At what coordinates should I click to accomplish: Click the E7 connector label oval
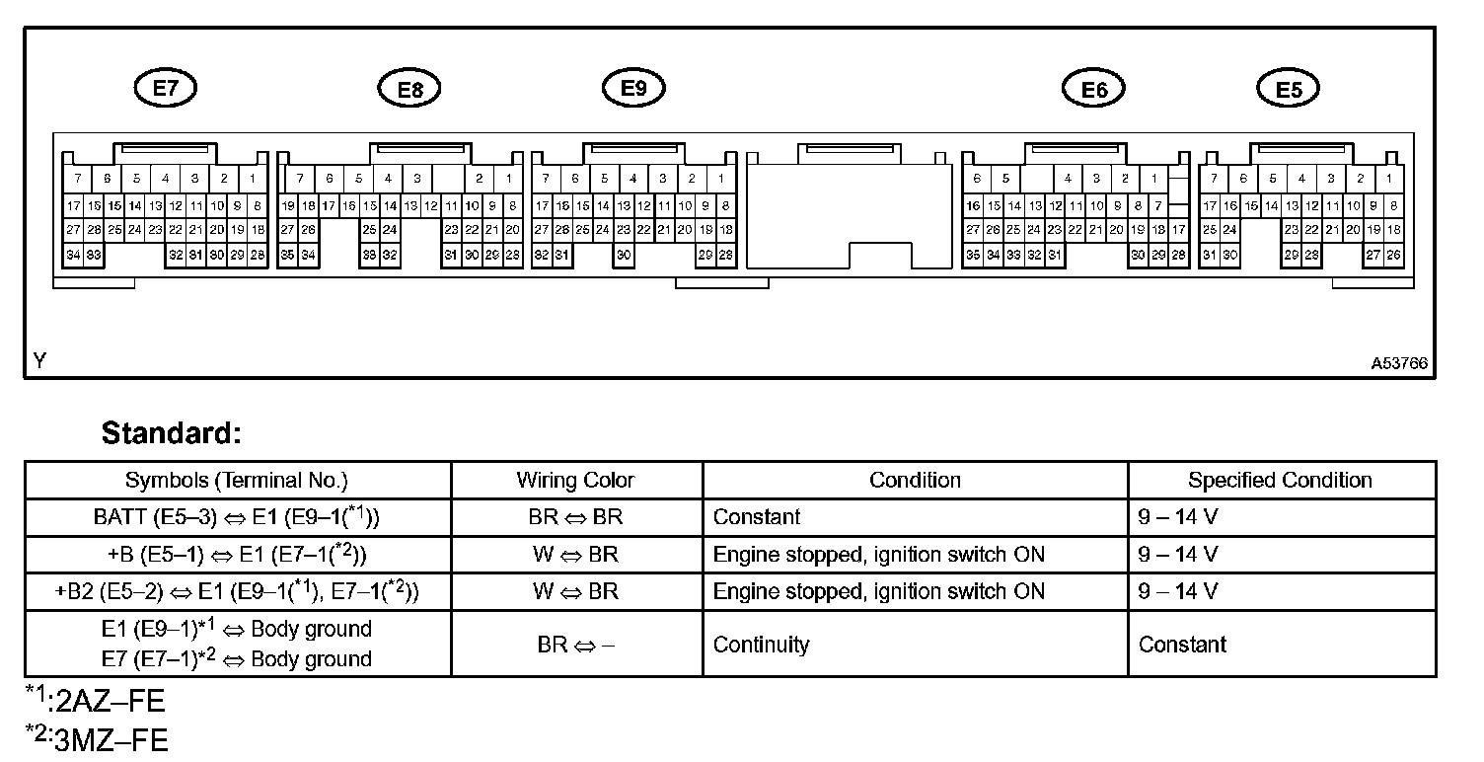165,88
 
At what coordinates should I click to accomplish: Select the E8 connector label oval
409,90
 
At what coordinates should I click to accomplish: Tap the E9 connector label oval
633,88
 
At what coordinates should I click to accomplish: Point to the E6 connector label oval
1093,90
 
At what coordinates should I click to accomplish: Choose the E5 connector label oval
1289,90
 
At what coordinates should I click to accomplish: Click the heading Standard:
172,433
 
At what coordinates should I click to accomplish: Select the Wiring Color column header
575,481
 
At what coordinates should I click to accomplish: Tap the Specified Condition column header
1280,481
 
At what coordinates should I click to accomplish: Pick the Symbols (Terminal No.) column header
237,481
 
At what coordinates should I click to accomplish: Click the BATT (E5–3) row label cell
237,517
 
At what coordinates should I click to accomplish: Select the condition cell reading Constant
757,517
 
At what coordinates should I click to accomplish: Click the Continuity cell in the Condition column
761,646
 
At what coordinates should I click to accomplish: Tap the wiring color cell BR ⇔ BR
575,517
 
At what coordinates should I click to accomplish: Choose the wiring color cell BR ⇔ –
575,646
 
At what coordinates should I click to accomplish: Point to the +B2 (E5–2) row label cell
237,591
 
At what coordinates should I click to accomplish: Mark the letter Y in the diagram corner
39,362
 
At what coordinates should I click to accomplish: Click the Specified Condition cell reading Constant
1182,646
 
